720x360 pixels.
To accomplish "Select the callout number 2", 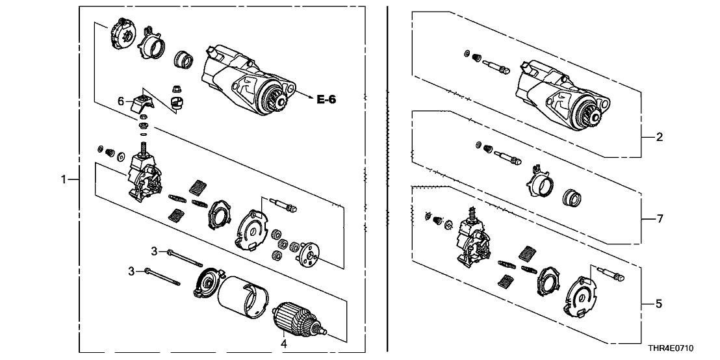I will pos(659,137).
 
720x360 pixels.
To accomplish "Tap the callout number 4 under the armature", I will pos(283,342).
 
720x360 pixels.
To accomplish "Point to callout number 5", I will pos(659,303).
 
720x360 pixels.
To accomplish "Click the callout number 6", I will pos(121,101).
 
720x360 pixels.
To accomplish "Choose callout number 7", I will pos(659,219).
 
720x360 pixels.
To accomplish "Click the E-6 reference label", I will pos(328,99).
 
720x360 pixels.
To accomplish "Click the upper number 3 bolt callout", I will pos(155,251).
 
